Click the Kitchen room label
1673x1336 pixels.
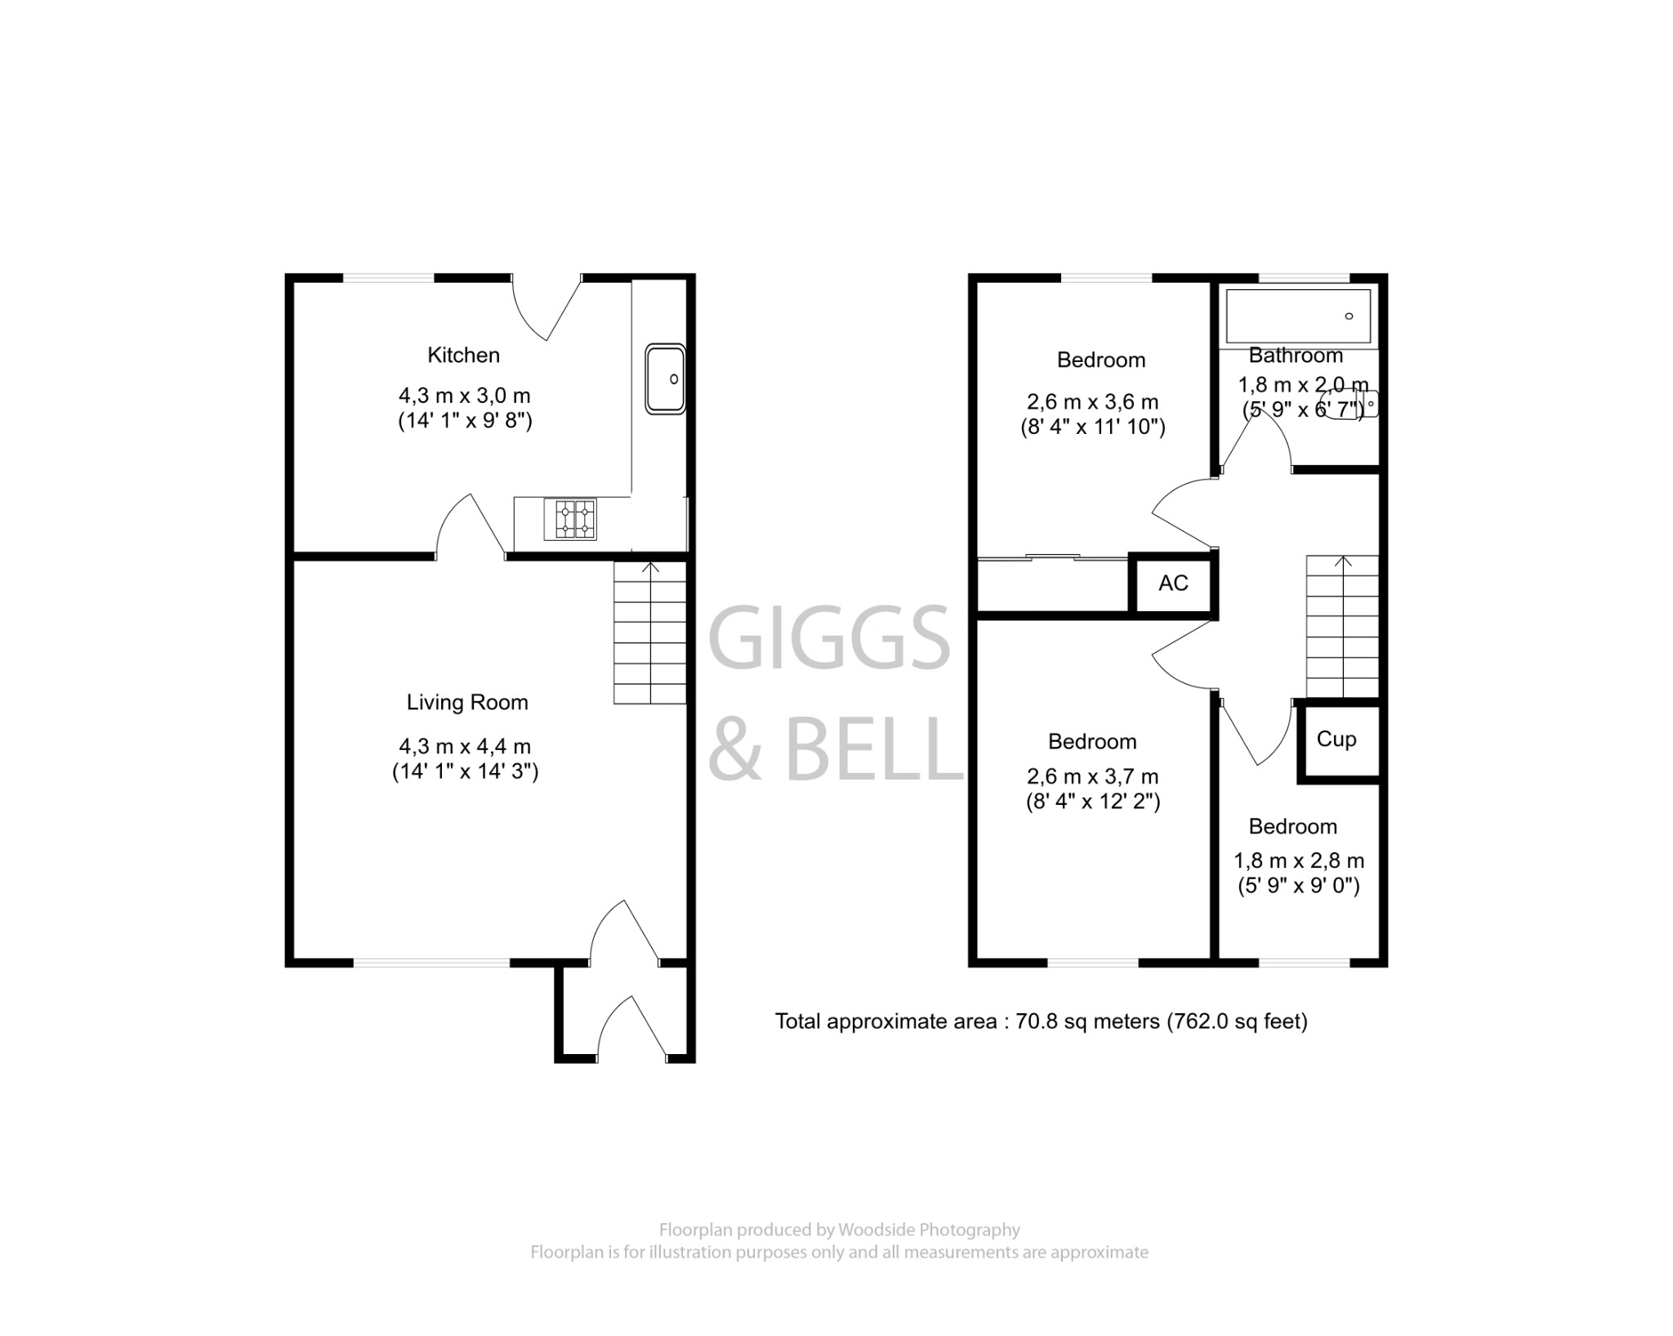coord(463,355)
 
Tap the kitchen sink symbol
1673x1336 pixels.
coord(665,379)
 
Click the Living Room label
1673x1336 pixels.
coord(467,703)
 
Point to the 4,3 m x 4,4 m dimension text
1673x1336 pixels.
coord(465,746)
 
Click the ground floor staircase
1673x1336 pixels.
coord(649,633)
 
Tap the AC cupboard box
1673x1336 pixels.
coord(1173,583)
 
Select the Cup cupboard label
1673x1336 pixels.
coord(1336,739)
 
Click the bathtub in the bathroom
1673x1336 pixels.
coord(1297,316)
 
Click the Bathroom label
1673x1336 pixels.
coord(1296,355)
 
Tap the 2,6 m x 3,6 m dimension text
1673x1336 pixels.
coord(1092,402)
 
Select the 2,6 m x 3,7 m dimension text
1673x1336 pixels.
coord(1092,776)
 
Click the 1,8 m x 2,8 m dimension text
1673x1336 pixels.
coord(1298,860)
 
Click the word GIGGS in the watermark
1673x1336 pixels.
coord(829,638)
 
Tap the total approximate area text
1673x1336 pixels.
coord(1041,1021)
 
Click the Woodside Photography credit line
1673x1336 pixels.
coord(839,1230)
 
